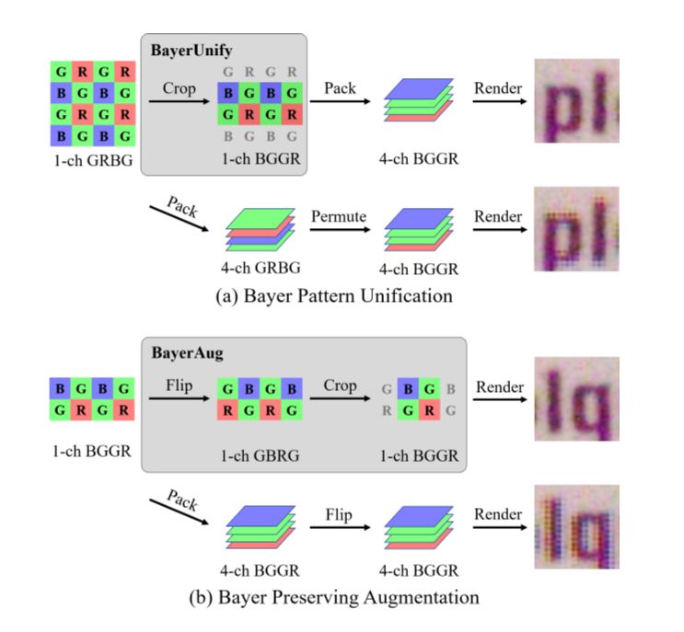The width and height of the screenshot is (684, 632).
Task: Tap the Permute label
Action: click(340, 216)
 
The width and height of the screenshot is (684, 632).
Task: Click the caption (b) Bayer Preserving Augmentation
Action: click(333, 597)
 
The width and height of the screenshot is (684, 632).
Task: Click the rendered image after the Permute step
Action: click(576, 229)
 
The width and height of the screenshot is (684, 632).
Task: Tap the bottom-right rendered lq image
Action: click(576, 527)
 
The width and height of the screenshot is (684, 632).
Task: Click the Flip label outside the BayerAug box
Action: click(339, 516)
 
